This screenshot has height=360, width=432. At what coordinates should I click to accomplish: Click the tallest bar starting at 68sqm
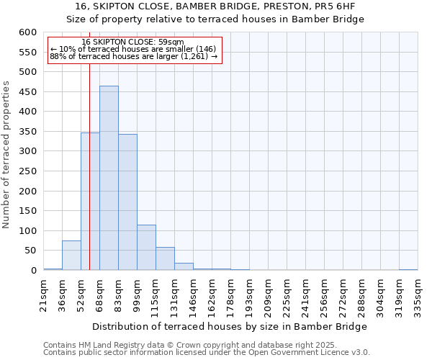click(109, 178)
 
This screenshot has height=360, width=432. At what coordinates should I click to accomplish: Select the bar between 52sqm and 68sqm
click(90, 202)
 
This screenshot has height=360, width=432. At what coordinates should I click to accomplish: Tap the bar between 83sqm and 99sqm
click(127, 202)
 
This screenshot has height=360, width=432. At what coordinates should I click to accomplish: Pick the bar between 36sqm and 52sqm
click(71, 256)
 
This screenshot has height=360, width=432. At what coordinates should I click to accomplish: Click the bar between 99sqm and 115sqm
click(146, 248)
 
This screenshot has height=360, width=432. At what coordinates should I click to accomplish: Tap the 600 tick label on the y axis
click(27, 32)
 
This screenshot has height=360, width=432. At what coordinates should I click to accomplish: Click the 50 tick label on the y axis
click(30, 251)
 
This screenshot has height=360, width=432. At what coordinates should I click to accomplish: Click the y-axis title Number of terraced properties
click(6, 155)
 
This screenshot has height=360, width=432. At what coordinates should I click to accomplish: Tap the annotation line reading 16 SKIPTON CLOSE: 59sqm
click(132, 42)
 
